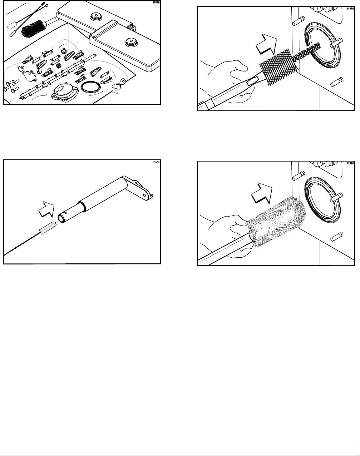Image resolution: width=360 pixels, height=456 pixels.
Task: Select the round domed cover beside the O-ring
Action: point(64,92)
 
